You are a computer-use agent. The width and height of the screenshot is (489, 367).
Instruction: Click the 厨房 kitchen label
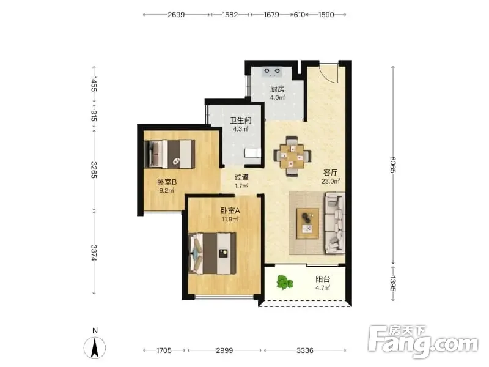click(x=278, y=89)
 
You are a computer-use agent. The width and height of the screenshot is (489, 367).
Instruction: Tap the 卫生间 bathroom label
click(x=240, y=120)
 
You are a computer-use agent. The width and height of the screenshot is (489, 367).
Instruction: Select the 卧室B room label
click(x=167, y=182)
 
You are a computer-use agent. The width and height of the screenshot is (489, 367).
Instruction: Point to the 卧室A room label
click(x=230, y=210)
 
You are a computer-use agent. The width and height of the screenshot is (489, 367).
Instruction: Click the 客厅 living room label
click(x=331, y=172)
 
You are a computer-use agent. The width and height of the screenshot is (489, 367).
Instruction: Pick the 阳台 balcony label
click(x=323, y=279)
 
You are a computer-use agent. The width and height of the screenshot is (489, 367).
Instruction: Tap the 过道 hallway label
click(x=241, y=177)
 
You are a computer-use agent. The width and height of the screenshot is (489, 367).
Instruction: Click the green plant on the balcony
click(x=284, y=282)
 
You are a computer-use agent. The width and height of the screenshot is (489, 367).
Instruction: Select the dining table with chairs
click(x=292, y=156)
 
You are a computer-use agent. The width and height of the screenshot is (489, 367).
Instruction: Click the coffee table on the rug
click(x=308, y=223)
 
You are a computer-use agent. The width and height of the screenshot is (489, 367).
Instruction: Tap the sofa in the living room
click(x=335, y=223)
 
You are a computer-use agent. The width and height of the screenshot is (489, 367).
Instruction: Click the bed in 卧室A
click(x=212, y=253)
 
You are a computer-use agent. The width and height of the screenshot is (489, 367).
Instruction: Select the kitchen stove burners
click(x=272, y=72)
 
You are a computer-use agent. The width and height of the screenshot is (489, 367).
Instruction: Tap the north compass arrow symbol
click(x=95, y=347)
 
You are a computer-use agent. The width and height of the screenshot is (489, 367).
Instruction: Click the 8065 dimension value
click(x=393, y=165)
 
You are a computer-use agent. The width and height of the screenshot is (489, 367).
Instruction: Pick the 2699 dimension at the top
click(x=176, y=15)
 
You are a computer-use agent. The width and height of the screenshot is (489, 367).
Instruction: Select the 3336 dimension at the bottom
click(x=304, y=350)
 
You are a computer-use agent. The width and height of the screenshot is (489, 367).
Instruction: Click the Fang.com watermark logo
click(x=423, y=342)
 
